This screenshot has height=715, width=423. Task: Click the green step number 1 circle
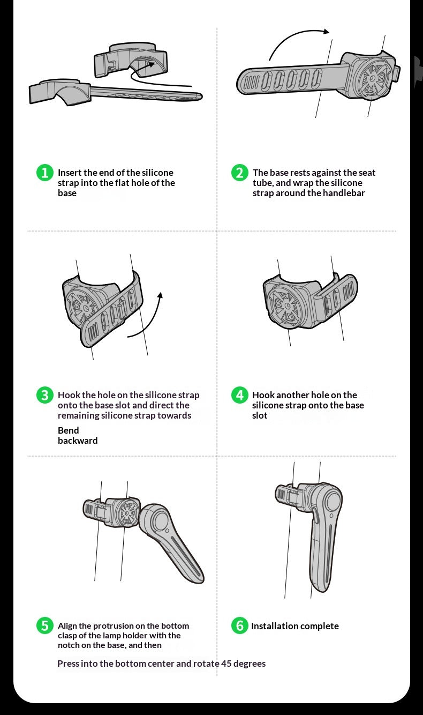pyautogui.click(x=44, y=173)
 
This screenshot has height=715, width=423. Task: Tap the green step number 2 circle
pyautogui.click(x=240, y=173)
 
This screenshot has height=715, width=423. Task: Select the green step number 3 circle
pyautogui.click(x=44, y=395)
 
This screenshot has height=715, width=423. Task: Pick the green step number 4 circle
pyautogui.click(x=240, y=395)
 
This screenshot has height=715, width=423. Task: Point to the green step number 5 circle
pyautogui.click(x=44, y=625)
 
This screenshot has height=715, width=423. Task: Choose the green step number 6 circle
pyautogui.click(x=240, y=625)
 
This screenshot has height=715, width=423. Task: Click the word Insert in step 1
pyautogui.click(x=70, y=173)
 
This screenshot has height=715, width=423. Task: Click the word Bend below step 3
pyautogui.click(x=68, y=430)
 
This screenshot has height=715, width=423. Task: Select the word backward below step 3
pyautogui.click(x=78, y=441)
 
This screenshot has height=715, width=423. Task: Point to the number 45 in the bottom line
pyautogui.click(x=226, y=664)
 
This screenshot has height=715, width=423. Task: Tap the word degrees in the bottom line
pyautogui.click(x=250, y=664)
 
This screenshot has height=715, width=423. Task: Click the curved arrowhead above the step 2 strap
pyautogui.click(x=326, y=31)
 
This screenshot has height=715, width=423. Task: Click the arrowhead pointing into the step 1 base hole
pyautogui.click(x=150, y=64)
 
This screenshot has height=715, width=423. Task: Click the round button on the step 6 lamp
pyautogui.click(x=333, y=501)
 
